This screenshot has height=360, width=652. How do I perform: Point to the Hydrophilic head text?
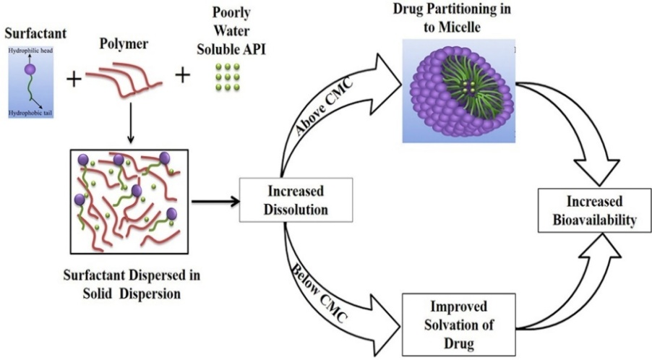[x=28, y=52]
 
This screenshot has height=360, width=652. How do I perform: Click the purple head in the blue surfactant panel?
[x=30, y=71]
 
